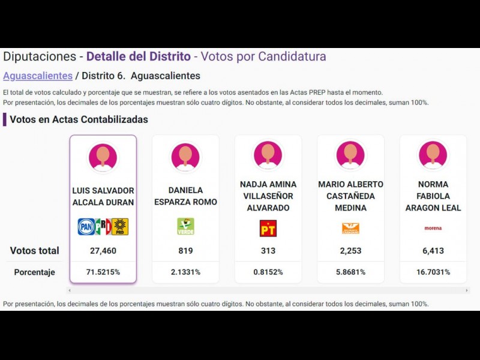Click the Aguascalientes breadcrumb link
click(37, 76)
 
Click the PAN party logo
click(86, 227)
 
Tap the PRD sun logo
click(120, 227)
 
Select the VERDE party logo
click(185, 227)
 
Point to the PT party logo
click(268, 228)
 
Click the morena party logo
click(433, 228)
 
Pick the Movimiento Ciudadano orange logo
click(350, 228)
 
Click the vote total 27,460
click(103, 251)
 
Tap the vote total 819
click(185, 251)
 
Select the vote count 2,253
click(350, 251)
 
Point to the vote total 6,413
click(433, 251)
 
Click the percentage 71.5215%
click(103, 272)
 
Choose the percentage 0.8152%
click(268, 272)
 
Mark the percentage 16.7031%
click(433, 272)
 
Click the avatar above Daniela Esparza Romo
click(185, 157)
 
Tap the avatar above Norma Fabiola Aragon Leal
click(433, 155)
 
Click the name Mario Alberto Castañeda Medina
click(350, 196)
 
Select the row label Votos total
click(34, 251)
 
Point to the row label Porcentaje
click(34, 272)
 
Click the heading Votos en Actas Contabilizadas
click(79, 119)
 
